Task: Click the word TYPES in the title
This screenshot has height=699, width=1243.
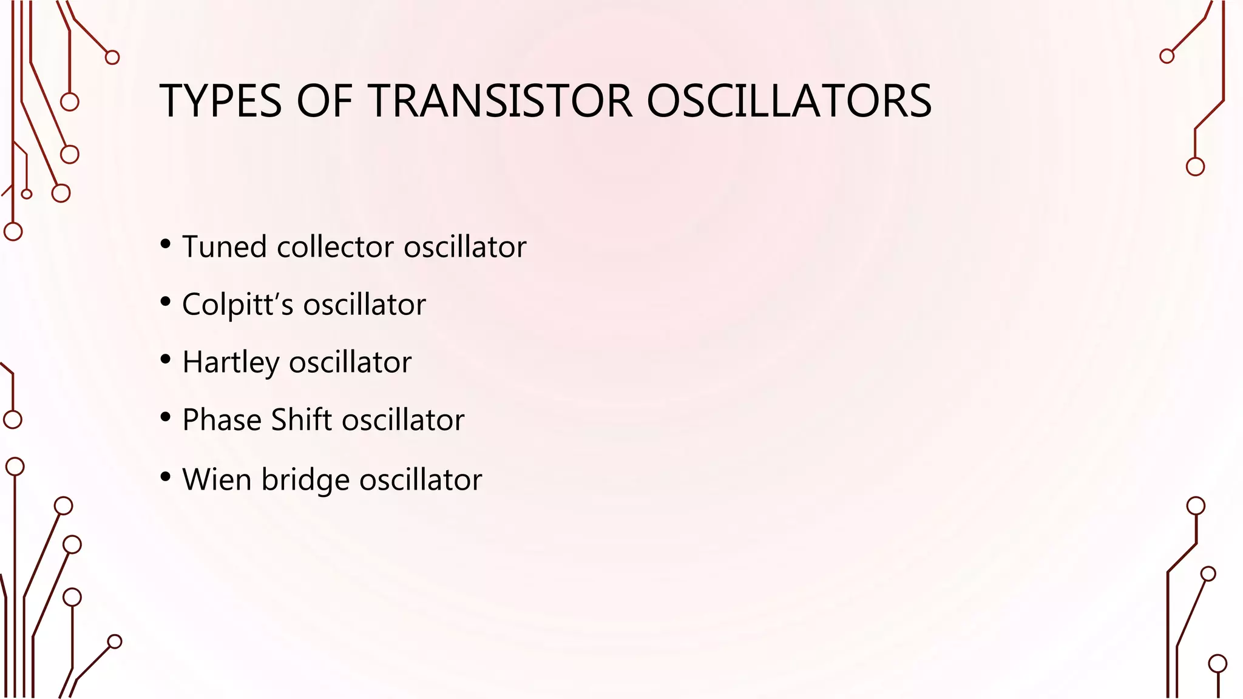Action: [221, 101]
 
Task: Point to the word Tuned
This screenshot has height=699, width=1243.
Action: [225, 247]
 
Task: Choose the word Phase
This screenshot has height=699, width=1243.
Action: [222, 420]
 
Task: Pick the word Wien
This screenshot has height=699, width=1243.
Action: [217, 479]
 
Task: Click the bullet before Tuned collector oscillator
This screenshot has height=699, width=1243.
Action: [166, 245]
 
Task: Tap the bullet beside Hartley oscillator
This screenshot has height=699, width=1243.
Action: [166, 360]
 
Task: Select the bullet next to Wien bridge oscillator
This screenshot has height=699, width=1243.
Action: [166, 477]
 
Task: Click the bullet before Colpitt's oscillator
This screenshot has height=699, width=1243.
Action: [166, 302]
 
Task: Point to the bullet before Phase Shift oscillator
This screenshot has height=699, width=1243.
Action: [166, 417]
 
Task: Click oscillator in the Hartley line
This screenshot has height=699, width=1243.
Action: [350, 363]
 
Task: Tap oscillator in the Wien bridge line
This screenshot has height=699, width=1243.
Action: [421, 479]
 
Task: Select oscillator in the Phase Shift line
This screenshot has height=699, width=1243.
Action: [403, 420]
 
